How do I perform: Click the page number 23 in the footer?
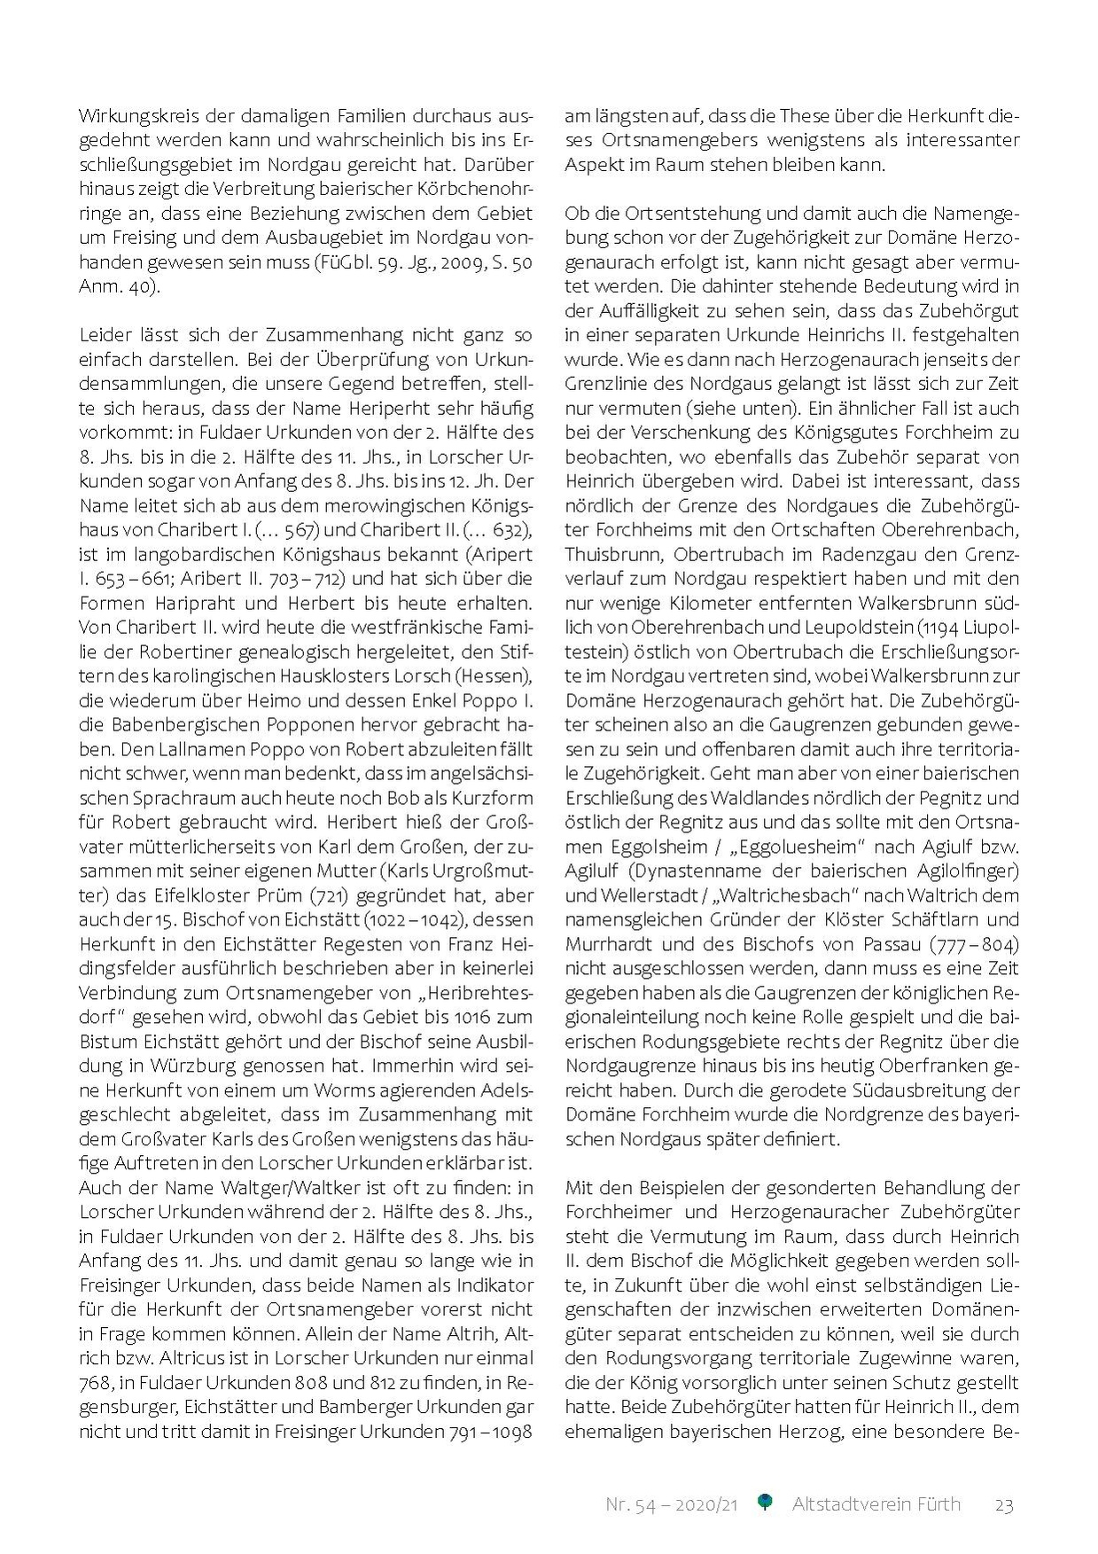pyautogui.click(x=1003, y=1504)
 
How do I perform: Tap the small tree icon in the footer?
pyautogui.click(x=766, y=1503)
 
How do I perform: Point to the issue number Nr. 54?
pyautogui.click(x=628, y=1504)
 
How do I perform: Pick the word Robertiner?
pyautogui.click(x=222, y=652)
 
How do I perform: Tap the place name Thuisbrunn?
pyautogui.click(x=610, y=555)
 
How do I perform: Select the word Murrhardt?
pyautogui.click(x=611, y=944)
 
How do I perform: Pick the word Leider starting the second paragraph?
pyautogui.click(x=105, y=336)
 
